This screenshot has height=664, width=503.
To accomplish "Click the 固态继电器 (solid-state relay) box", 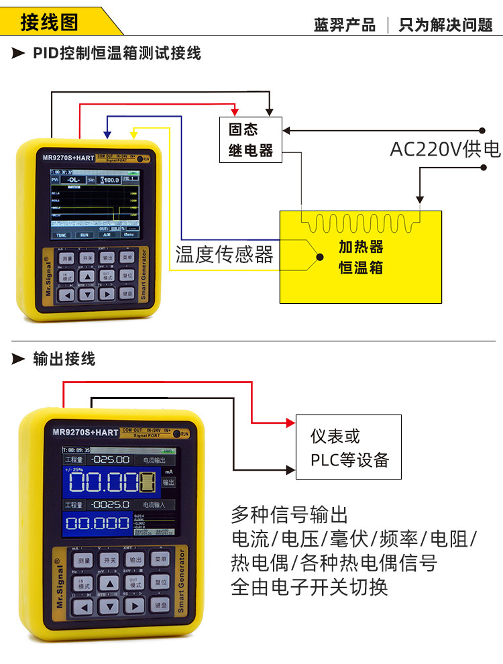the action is [251, 140].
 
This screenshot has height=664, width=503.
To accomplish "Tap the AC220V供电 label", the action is [445, 149].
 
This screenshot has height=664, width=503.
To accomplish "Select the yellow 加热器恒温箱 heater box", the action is [360, 257].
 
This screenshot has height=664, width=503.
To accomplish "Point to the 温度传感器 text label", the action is [225, 254].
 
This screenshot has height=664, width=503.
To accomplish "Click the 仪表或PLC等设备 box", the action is [348, 447].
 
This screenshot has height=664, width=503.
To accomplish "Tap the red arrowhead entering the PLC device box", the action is [290, 423].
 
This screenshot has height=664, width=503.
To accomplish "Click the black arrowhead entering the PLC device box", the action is [290, 468].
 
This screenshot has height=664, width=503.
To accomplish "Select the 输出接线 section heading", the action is [64, 359].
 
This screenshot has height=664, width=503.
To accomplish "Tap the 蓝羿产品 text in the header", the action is [345, 25].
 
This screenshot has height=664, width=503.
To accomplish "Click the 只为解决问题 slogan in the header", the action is [445, 25].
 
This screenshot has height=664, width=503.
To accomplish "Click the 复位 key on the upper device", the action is [127, 275].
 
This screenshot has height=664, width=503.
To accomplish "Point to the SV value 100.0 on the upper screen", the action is [109, 180].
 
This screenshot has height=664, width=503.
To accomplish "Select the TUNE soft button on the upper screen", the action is [62, 235].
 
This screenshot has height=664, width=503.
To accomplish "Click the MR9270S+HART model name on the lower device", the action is [86, 433].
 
